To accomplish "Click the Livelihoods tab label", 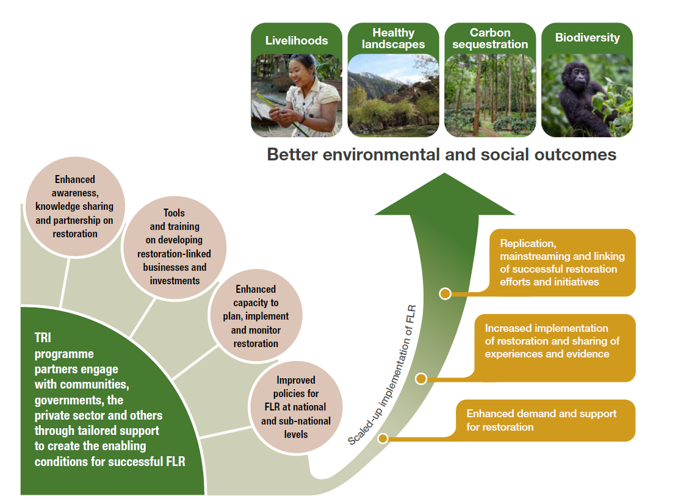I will [x=296, y=41].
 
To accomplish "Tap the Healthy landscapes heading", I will [x=393, y=38].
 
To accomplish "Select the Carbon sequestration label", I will [x=490, y=38].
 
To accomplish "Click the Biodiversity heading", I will [x=587, y=38].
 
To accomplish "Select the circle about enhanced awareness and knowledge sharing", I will [x=74, y=206].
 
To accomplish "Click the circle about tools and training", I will [x=174, y=246].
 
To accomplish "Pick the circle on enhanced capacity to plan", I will [x=256, y=316].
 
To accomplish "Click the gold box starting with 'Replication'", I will [x=561, y=262].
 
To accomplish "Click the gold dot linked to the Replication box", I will [x=445, y=293].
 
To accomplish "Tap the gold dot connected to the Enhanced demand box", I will [x=383, y=438].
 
